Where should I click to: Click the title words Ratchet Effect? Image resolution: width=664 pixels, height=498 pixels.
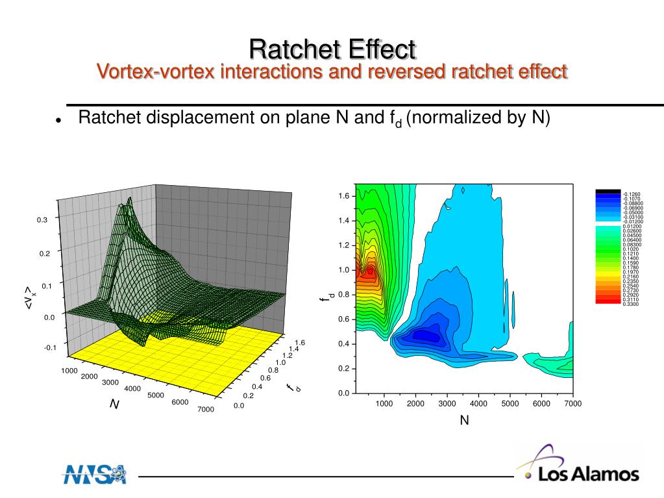[x=332, y=49]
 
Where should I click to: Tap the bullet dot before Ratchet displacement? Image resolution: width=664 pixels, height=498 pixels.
[x=58, y=121]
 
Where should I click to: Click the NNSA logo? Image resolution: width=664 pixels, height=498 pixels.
[x=95, y=474]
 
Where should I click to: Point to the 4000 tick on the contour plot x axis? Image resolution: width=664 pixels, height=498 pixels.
[x=478, y=404]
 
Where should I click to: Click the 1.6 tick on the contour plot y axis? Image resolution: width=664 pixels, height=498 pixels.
[x=343, y=196]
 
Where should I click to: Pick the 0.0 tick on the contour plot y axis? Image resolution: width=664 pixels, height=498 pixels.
[x=343, y=393]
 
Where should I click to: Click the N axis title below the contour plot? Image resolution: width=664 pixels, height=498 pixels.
[x=464, y=421]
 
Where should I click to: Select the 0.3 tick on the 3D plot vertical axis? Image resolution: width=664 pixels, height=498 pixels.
[x=42, y=220]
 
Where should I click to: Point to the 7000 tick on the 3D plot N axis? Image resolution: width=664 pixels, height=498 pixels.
[x=206, y=409]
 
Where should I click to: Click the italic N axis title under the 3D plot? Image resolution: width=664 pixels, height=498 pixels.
[x=114, y=404]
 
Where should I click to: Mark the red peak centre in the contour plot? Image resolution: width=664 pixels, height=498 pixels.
[x=370, y=271]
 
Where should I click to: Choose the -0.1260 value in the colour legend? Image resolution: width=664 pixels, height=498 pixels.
[x=632, y=194]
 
